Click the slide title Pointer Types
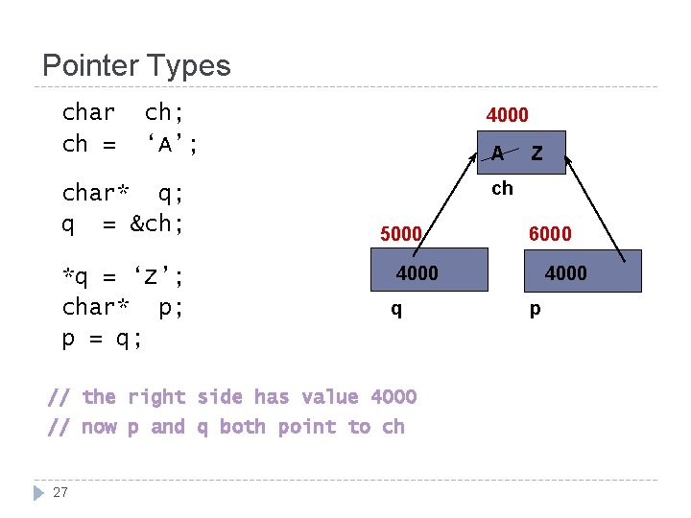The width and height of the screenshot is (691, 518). (136, 66)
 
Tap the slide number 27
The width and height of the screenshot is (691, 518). (60, 493)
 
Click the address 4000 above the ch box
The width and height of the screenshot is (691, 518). (507, 115)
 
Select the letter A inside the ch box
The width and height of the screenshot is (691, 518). (497, 153)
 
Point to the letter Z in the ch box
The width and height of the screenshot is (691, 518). (536, 153)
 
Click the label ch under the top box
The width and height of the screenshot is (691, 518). (502, 188)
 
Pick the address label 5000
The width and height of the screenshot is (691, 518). (401, 234)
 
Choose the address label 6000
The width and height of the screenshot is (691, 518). (550, 234)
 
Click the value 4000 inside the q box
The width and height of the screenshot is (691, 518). (417, 273)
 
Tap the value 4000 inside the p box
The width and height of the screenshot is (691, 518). (566, 273)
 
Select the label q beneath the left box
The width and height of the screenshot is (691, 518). (395, 310)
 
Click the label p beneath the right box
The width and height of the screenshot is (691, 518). (535, 310)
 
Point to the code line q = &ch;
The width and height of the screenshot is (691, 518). (123, 224)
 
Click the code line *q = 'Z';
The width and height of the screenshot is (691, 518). (123, 278)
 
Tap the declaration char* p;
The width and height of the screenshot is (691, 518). (123, 308)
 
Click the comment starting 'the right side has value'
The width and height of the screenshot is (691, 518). (232, 396)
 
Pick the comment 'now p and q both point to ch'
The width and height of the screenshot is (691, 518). (226, 427)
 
